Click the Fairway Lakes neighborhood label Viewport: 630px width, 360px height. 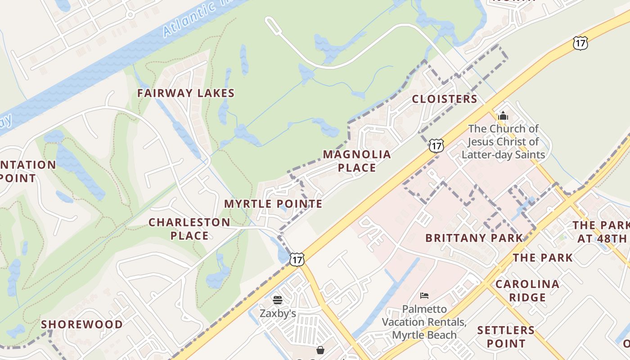186,93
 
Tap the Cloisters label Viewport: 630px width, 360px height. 444,99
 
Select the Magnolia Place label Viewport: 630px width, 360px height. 357,161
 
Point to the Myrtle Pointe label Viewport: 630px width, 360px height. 273,204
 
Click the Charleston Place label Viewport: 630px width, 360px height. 189,229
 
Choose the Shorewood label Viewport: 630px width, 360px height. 82,324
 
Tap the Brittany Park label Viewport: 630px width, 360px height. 474,238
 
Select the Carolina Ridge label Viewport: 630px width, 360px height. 527,291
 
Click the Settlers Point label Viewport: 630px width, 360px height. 506,337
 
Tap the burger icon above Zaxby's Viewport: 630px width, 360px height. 278,300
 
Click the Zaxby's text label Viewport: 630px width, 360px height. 278,313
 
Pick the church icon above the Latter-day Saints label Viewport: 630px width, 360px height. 503,116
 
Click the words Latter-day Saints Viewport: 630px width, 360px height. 503,155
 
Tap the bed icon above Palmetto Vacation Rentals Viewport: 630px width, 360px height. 424,296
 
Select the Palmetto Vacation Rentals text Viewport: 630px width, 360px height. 424,322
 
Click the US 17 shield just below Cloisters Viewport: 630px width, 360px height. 436,145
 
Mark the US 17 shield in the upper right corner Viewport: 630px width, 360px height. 580,43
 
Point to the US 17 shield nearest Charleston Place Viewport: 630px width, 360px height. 297,259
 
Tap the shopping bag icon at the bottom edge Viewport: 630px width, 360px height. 320,350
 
